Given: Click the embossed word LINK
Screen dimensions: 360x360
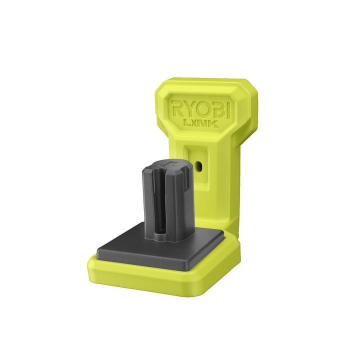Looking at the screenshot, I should pyautogui.click(x=201, y=123).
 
